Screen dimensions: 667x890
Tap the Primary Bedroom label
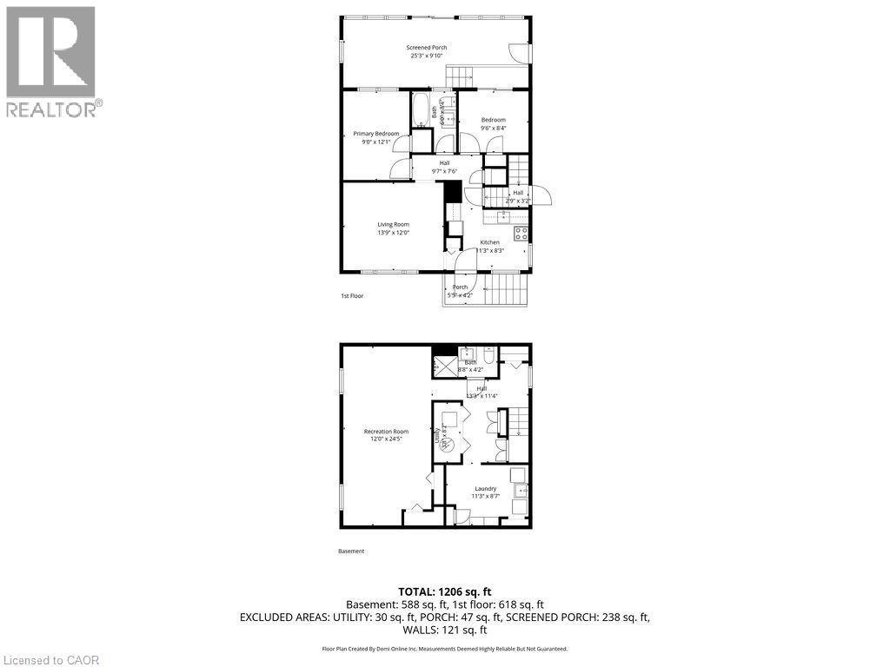point(375,134)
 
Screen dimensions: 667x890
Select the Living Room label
point(393,224)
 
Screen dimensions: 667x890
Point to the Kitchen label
point(490,242)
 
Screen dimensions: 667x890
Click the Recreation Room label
point(387,432)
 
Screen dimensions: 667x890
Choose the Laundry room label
point(485,489)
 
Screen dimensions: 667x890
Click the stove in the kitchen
point(521,233)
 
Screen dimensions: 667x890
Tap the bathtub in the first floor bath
point(421,111)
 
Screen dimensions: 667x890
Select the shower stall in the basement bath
point(443,367)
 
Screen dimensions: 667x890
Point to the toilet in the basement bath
point(488,356)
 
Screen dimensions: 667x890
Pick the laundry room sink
point(520,489)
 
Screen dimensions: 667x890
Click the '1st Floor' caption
point(352,296)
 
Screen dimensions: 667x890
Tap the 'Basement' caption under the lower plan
point(351,551)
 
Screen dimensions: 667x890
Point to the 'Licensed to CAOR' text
point(50,660)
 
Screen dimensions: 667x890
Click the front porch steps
point(506,289)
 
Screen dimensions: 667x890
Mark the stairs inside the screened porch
point(460,76)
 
